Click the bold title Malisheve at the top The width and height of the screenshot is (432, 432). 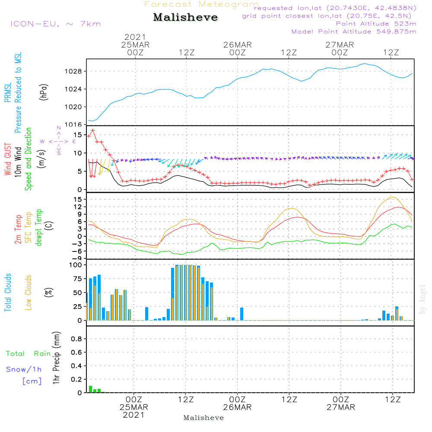(x=186, y=17)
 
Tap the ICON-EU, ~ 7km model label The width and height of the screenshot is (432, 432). (x=55, y=24)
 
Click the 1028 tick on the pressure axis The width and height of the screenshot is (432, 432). (x=75, y=71)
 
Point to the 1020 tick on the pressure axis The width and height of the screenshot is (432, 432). (x=75, y=107)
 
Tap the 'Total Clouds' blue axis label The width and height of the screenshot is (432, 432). (x=8, y=292)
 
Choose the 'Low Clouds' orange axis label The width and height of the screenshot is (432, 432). (x=29, y=292)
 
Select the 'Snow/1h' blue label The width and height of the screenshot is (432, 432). (x=24, y=370)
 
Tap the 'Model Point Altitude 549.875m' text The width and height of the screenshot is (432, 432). (x=354, y=32)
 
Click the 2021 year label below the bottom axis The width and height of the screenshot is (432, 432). (x=133, y=415)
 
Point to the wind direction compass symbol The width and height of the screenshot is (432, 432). (x=59, y=141)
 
